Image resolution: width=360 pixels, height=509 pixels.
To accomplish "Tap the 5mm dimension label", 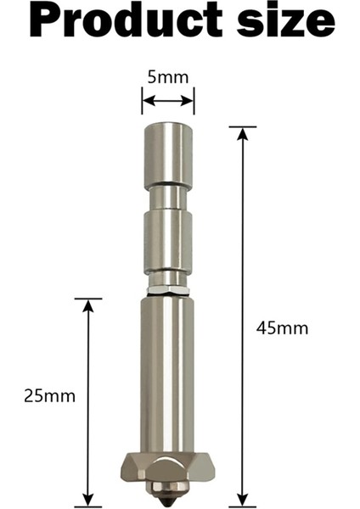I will point(168,76).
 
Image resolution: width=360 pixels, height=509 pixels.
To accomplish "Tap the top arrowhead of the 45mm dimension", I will point(243,132).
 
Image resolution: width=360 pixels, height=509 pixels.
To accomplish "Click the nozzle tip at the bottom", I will point(166,494).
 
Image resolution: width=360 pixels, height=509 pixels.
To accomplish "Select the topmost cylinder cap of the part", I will point(167,154).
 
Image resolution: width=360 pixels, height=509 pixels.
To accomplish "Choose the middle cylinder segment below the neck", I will point(167,241).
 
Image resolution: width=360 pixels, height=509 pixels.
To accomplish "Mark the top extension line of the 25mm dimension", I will point(87,299).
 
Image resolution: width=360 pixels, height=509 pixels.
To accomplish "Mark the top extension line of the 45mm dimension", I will point(243,127).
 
